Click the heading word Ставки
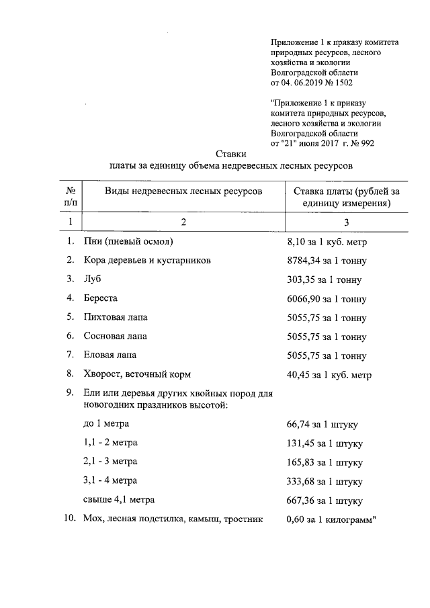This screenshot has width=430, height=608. click(230, 154)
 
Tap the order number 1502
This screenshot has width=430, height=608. click(341, 83)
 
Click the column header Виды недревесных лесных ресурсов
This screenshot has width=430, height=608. click(182, 191)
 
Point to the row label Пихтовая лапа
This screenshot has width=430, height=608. click(115, 316)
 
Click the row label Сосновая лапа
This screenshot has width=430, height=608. click(115, 335)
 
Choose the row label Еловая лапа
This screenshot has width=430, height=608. click(110, 354)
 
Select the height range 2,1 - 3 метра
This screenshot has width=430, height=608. click(110, 462)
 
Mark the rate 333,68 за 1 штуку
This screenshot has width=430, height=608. click(325, 482)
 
